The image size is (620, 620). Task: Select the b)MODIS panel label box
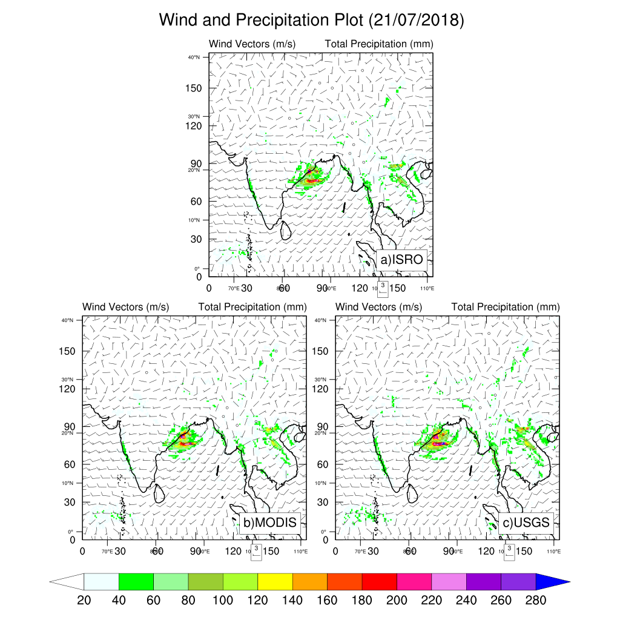[x=270, y=523]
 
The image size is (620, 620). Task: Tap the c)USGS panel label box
[x=524, y=523]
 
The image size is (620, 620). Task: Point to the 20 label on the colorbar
[x=84, y=601]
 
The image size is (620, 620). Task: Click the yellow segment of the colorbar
[x=275, y=582]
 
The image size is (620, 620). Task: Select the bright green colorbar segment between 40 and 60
[x=136, y=582]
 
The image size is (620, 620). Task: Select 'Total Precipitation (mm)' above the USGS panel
[x=506, y=307]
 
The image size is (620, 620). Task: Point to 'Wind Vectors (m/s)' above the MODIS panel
[x=125, y=307]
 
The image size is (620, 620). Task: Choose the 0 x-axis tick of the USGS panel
[x=336, y=552]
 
